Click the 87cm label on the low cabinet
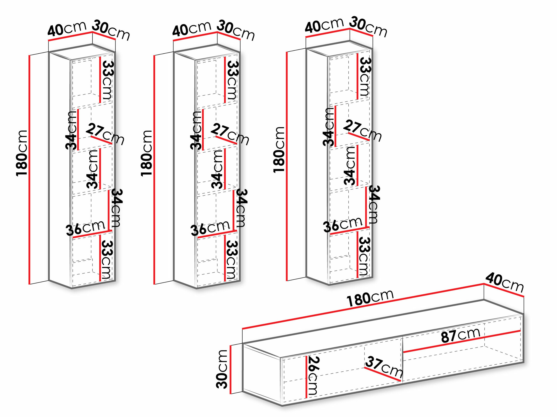point(461,335)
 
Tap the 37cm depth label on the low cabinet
point(384,367)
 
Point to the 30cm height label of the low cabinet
point(222,369)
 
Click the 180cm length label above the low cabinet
point(370,298)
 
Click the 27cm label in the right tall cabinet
point(362,130)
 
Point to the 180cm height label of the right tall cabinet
point(279,150)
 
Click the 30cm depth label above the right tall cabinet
point(368,26)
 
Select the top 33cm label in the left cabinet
point(107,80)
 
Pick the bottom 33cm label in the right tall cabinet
point(364,256)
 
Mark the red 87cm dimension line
point(461,342)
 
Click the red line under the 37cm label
point(383,374)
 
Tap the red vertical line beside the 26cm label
point(306,377)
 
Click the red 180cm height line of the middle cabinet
point(154,170)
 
